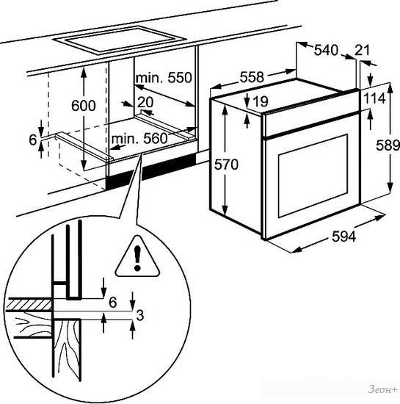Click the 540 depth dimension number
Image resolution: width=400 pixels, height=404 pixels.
click(326, 50)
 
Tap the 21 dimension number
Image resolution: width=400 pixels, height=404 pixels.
click(362, 50)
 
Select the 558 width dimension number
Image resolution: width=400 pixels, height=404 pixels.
click(252, 77)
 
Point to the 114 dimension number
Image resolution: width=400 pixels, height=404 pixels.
click(375, 98)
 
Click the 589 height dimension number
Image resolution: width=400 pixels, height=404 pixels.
click(388, 145)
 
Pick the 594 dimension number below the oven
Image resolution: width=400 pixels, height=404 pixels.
click(344, 236)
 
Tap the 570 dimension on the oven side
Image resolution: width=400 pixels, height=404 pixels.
click(226, 165)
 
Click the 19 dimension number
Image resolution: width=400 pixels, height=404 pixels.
click(261, 101)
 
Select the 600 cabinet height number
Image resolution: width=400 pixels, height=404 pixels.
click(84, 105)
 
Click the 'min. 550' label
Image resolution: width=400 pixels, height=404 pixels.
click(164, 77)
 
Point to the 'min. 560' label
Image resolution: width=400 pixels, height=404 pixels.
click(139, 139)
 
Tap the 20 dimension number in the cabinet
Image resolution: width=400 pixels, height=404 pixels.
click(145, 102)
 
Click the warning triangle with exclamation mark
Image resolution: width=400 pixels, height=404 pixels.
click(137, 257)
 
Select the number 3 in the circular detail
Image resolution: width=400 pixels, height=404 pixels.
click(139, 315)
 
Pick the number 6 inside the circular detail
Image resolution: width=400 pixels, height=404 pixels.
click(113, 302)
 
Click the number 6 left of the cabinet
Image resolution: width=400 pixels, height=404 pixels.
click(33, 140)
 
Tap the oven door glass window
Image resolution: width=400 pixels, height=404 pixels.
click(313, 176)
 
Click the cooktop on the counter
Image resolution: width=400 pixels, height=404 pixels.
click(119, 40)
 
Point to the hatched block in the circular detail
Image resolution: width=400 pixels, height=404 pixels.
click(29, 305)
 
